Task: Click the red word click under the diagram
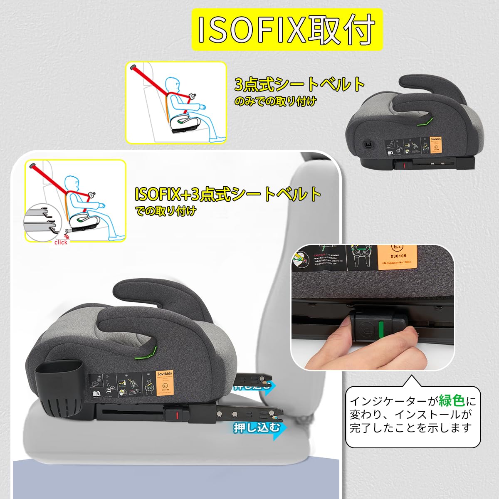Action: [61, 242]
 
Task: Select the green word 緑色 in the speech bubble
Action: [452, 401]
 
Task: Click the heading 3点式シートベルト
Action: [299, 84]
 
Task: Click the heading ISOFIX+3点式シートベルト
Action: [228, 194]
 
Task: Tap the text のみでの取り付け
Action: [275, 101]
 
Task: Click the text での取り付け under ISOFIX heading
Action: [166, 211]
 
